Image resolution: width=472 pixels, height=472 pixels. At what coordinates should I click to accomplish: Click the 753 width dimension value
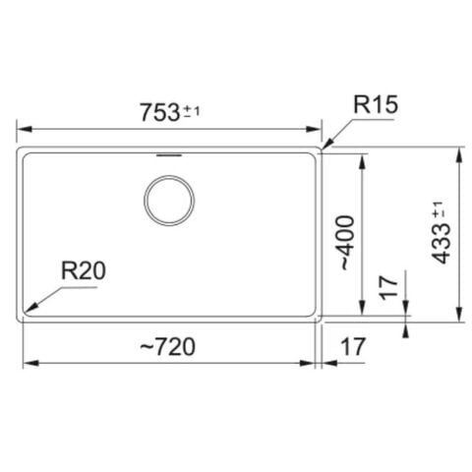(160, 112)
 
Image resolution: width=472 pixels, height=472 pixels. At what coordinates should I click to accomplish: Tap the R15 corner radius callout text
(376, 105)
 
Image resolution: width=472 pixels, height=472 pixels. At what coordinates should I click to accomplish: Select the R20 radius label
(84, 271)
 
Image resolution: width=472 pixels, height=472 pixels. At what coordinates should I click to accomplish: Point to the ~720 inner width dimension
(168, 347)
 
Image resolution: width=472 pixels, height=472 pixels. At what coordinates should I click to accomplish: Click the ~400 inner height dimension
(348, 243)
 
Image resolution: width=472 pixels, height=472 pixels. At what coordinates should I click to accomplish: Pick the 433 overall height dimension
(442, 244)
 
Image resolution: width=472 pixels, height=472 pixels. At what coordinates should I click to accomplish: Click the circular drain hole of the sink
(169, 201)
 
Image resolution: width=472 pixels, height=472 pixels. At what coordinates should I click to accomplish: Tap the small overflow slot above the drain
(169, 154)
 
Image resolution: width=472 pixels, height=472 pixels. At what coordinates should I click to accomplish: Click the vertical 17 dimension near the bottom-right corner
(388, 288)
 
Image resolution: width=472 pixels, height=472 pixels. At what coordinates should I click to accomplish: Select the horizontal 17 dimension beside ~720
(353, 347)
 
